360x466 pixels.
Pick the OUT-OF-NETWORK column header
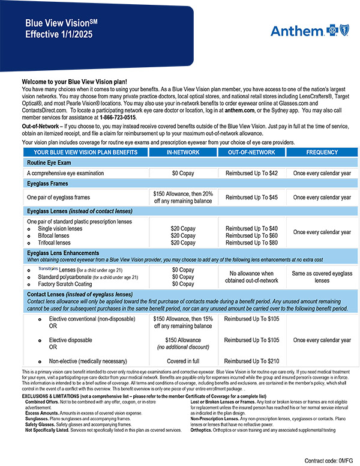point(251,153)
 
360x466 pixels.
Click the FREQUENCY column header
point(322,153)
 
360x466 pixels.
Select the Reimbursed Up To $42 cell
point(251,173)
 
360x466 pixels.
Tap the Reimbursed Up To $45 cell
point(251,197)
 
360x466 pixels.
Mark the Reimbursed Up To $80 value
point(251,243)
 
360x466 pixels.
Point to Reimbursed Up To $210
point(251,362)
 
